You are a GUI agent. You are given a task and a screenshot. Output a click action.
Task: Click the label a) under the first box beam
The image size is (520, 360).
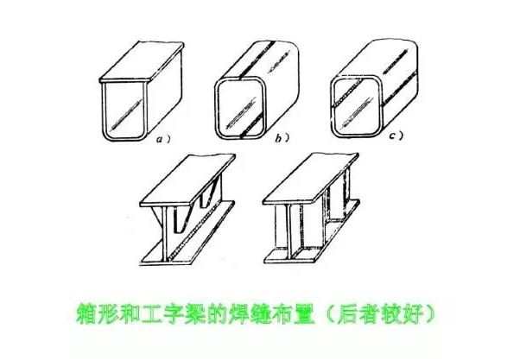point(163,140)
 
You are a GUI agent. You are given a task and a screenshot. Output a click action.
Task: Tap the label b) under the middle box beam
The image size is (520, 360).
point(282,138)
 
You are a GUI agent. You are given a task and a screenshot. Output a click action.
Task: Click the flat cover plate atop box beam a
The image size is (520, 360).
point(142,62)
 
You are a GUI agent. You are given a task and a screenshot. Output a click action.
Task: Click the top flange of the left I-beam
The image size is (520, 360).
point(187,180)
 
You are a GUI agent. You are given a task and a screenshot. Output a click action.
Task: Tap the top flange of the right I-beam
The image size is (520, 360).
point(311,179)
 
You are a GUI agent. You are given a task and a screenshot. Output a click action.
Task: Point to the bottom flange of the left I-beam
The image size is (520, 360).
point(187,234)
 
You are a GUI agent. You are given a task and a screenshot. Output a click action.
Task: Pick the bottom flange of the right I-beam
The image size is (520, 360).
point(312,232)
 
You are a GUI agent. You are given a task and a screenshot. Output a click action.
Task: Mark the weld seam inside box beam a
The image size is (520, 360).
point(125,112)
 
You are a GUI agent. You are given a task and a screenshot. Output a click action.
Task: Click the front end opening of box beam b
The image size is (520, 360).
point(241,109)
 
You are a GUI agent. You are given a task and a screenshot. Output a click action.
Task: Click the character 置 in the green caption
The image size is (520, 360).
point(304,313)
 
